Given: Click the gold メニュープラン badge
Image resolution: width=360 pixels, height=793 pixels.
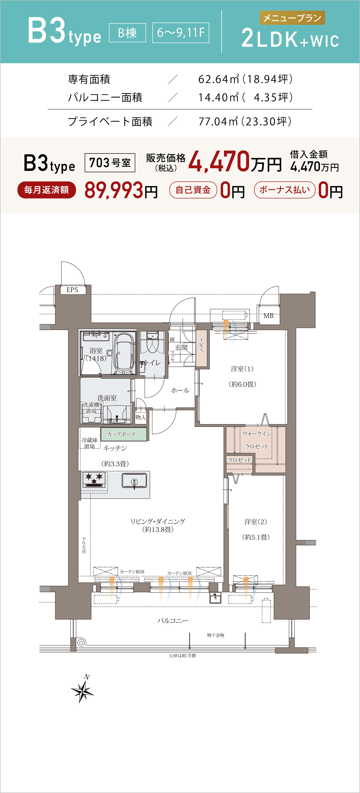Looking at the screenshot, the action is [292, 18].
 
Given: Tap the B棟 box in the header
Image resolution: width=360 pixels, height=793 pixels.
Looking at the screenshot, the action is [127, 33].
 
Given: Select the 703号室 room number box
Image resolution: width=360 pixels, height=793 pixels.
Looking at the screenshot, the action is [110, 162].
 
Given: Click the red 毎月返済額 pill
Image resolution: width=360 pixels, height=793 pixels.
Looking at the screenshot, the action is [46, 190].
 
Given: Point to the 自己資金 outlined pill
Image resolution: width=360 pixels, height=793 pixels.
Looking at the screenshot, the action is [193, 190].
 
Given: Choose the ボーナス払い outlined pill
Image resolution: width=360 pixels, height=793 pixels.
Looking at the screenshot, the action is [285, 190].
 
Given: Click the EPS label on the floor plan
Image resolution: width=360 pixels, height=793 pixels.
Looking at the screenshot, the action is [72, 290].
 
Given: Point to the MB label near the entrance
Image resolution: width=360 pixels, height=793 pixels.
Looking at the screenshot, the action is [269, 316].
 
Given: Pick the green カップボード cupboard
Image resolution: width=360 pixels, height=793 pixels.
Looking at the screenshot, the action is [124, 434].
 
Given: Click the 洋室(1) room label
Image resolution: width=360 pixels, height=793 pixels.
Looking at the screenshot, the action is [242, 369].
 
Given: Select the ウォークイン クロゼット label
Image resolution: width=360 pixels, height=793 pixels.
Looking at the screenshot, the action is [257, 440].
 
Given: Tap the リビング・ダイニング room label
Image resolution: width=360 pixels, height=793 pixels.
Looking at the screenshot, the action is [158, 522].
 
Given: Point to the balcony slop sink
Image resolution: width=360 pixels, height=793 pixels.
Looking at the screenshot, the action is [215, 598].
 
